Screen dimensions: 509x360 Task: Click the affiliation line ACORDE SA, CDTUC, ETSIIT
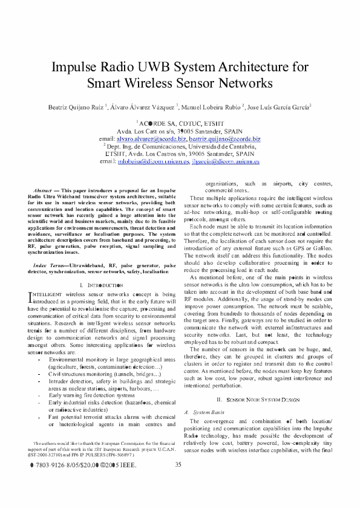(180, 122)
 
